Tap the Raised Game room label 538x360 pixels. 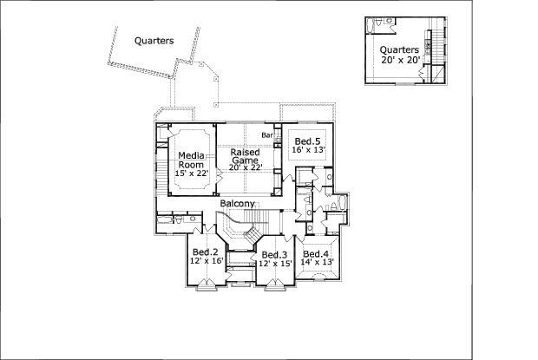pos(245,156)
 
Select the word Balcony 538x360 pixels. pos(237,204)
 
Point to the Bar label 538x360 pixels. pos(267,135)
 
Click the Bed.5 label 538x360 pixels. pos(307,141)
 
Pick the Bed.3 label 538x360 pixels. pos(274,254)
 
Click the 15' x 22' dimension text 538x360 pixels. pos(193,173)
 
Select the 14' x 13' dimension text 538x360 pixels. pos(318,261)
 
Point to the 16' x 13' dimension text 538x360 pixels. pos(308,151)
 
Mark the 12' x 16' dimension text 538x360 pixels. pos(207,261)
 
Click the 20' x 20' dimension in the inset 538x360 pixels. pos(399,61)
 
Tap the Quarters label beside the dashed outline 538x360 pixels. pos(154,40)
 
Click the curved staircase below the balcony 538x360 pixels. pos(236,227)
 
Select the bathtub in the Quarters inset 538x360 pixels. pos(377,23)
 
